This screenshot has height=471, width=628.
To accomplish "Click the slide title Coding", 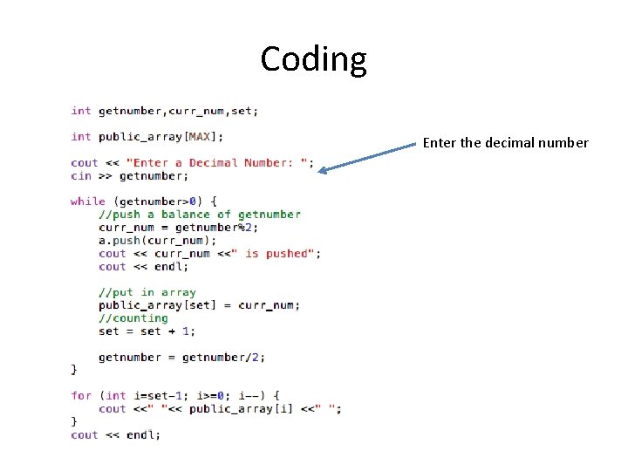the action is [313, 59].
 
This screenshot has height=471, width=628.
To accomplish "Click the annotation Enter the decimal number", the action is [505, 143].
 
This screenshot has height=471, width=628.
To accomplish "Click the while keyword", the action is [87, 201].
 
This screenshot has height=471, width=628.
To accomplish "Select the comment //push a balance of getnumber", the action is [199, 214].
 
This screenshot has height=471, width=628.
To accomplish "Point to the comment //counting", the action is [133, 318].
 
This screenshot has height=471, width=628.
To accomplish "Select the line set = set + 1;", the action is [147, 331].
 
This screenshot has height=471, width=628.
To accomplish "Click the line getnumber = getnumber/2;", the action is [181, 357].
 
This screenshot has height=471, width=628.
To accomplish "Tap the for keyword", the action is [80, 395].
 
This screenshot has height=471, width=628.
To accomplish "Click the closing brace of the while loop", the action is [74, 370].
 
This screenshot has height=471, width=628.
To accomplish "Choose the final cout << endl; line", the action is [115, 434].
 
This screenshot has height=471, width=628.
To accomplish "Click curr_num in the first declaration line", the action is [195, 111].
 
